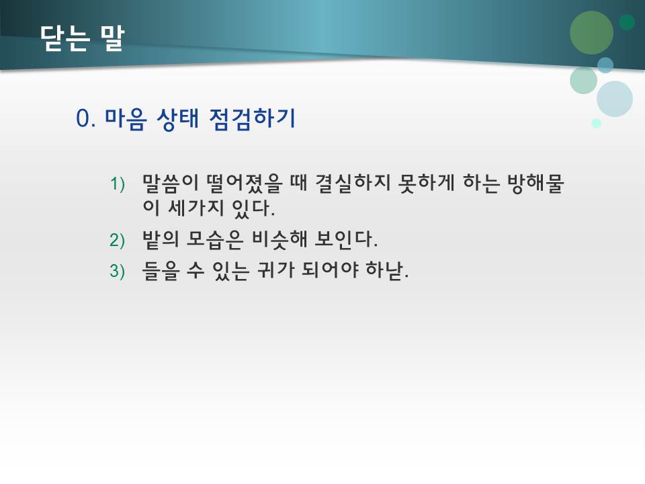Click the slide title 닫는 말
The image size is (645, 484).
tap(82, 39)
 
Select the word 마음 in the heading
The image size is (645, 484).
tap(126, 119)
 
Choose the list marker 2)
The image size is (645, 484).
tap(118, 240)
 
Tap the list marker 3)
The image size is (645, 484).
tap(118, 271)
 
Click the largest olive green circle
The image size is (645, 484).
tap(591, 32)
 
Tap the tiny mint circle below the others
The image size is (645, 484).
tap(596, 123)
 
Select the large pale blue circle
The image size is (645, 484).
tap(615, 99)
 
